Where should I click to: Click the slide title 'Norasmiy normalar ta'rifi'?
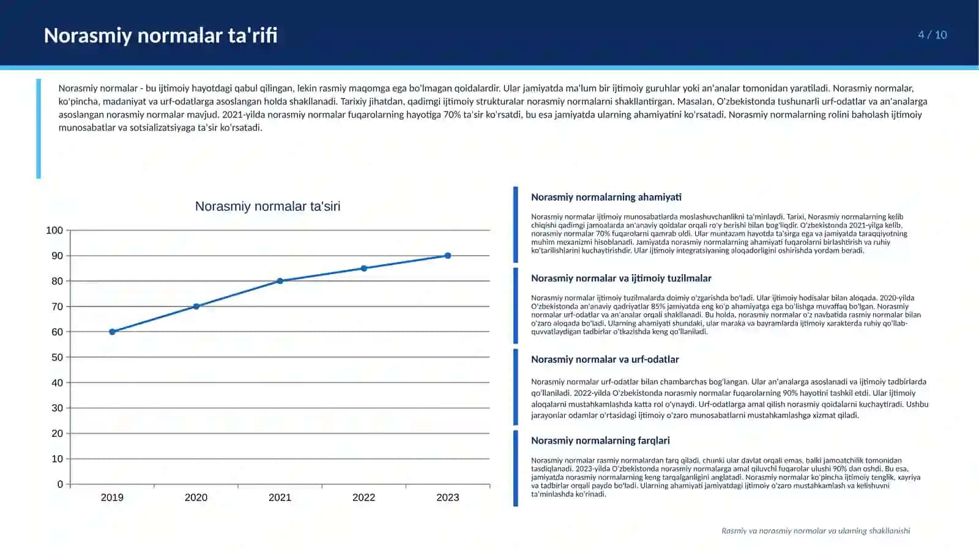(x=160, y=35)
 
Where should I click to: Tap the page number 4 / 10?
(x=932, y=35)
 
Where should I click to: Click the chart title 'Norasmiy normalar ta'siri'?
(x=267, y=206)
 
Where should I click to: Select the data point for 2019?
(x=113, y=332)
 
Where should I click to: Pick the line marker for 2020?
(x=196, y=307)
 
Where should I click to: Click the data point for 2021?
(x=280, y=281)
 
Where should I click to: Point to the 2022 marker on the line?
(x=364, y=268)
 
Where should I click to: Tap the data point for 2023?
(x=448, y=256)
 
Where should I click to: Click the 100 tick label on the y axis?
(x=54, y=230)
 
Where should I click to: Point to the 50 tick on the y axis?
(x=58, y=357)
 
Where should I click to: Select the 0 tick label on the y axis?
(x=61, y=484)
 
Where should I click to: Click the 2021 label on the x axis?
(x=280, y=497)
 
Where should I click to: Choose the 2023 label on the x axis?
(x=448, y=497)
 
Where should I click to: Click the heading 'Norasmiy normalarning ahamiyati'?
(x=606, y=197)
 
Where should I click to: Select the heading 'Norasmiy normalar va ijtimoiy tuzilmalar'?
(x=621, y=278)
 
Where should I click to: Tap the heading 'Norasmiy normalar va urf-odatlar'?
(x=605, y=360)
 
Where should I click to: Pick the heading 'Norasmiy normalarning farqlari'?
(x=600, y=440)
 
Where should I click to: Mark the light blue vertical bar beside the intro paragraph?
(x=39, y=128)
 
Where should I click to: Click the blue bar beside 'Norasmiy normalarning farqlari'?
(x=516, y=468)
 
